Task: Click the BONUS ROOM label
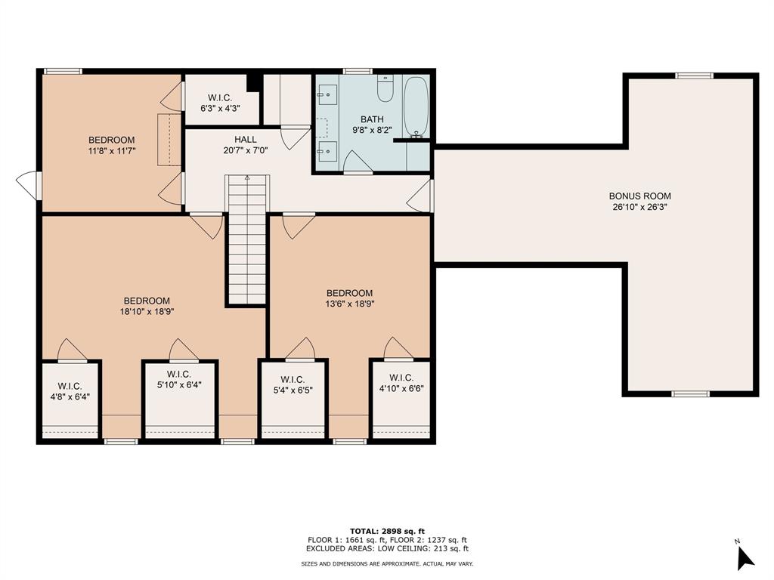coord(639,201)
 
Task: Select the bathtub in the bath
coord(416,106)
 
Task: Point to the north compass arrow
coord(745,558)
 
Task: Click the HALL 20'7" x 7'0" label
coord(246,145)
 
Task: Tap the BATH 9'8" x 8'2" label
coord(372,125)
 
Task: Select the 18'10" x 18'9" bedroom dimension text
coord(147,311)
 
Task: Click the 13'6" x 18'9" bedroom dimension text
coord(349,304)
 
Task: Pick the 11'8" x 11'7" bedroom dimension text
coord(112,151)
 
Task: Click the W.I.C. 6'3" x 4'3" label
coord(220,103)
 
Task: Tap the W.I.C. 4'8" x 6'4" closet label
coord(70,391)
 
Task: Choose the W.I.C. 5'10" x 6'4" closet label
coord(179,380)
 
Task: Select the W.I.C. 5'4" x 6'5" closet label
coord(293,384)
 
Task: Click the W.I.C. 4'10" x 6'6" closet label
coord(401,383)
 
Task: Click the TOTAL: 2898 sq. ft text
coord(387,531)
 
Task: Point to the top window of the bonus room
coord(694,76)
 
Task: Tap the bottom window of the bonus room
coord(691,393)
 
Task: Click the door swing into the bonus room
coord(420,196)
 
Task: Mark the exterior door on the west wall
coord(29,186)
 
